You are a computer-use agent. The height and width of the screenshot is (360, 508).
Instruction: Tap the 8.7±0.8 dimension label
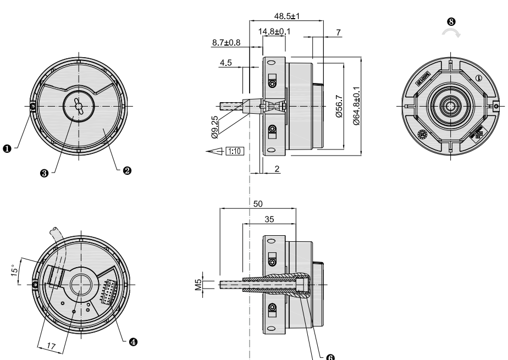click(x=225, y=42)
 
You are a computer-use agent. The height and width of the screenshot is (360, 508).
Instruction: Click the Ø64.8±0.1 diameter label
click(x=356, y=106)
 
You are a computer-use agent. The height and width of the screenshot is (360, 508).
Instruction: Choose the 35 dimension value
click(x=269, y=218)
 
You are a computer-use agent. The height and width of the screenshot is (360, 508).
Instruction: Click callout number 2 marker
click(x=127, y=170)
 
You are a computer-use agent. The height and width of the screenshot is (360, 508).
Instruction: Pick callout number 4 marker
click(x=132, y=341)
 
